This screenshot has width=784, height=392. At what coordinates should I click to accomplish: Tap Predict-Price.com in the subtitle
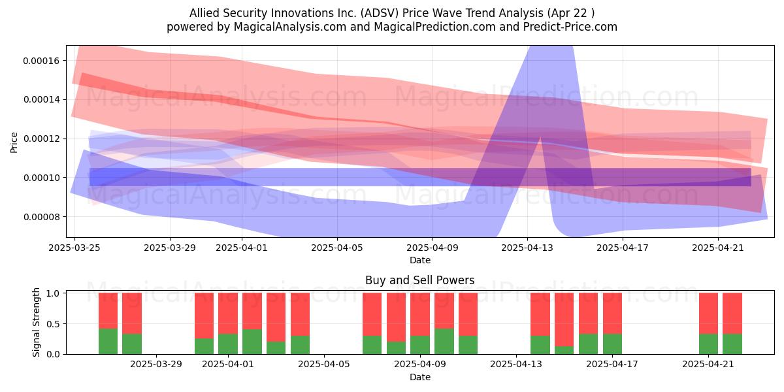pos(570,27)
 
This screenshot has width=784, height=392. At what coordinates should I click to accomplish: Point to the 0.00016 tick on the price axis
pos(41,61)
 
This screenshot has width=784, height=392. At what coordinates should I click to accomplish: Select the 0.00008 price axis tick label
pos(41,217)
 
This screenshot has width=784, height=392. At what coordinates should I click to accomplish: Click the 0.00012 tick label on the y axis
pos(41,139)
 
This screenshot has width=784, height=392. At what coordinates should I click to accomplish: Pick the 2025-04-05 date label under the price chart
pos(337,248)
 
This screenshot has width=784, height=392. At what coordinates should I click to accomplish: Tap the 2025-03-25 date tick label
pos(74,248)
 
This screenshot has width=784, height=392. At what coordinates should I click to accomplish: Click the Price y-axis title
pos(14,142)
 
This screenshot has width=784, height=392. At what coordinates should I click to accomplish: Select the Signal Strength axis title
pos(36,322)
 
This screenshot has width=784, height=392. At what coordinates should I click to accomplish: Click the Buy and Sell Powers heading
pos(419,280)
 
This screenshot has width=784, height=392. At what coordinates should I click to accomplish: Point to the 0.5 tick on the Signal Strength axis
pos(54,324)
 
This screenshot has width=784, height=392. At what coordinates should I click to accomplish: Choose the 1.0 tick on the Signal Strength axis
pos(54,293)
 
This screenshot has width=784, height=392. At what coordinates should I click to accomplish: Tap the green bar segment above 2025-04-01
pos(228,344)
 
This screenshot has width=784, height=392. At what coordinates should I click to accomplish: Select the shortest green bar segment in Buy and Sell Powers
pos(564,350)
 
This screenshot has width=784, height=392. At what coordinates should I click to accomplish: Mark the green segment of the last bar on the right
pos(732,344)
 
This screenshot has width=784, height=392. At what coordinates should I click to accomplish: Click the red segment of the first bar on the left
pos(108,311)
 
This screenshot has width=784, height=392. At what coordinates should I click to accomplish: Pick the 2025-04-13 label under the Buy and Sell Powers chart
pos(516,365)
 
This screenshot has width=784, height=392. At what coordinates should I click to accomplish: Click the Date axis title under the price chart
pos(420,260)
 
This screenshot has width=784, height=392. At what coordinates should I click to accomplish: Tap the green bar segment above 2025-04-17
pos(613,344)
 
